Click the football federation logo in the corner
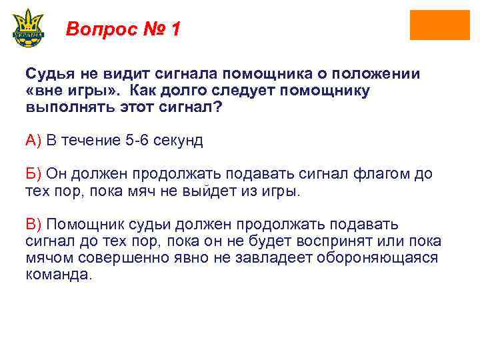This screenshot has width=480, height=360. pos(28,27)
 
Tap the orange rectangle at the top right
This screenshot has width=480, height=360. pos(439,25)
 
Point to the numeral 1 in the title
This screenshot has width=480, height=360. pos(175,29)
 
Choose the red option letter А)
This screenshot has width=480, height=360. pos(33,141)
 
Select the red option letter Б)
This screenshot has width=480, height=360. pos(33,175)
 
